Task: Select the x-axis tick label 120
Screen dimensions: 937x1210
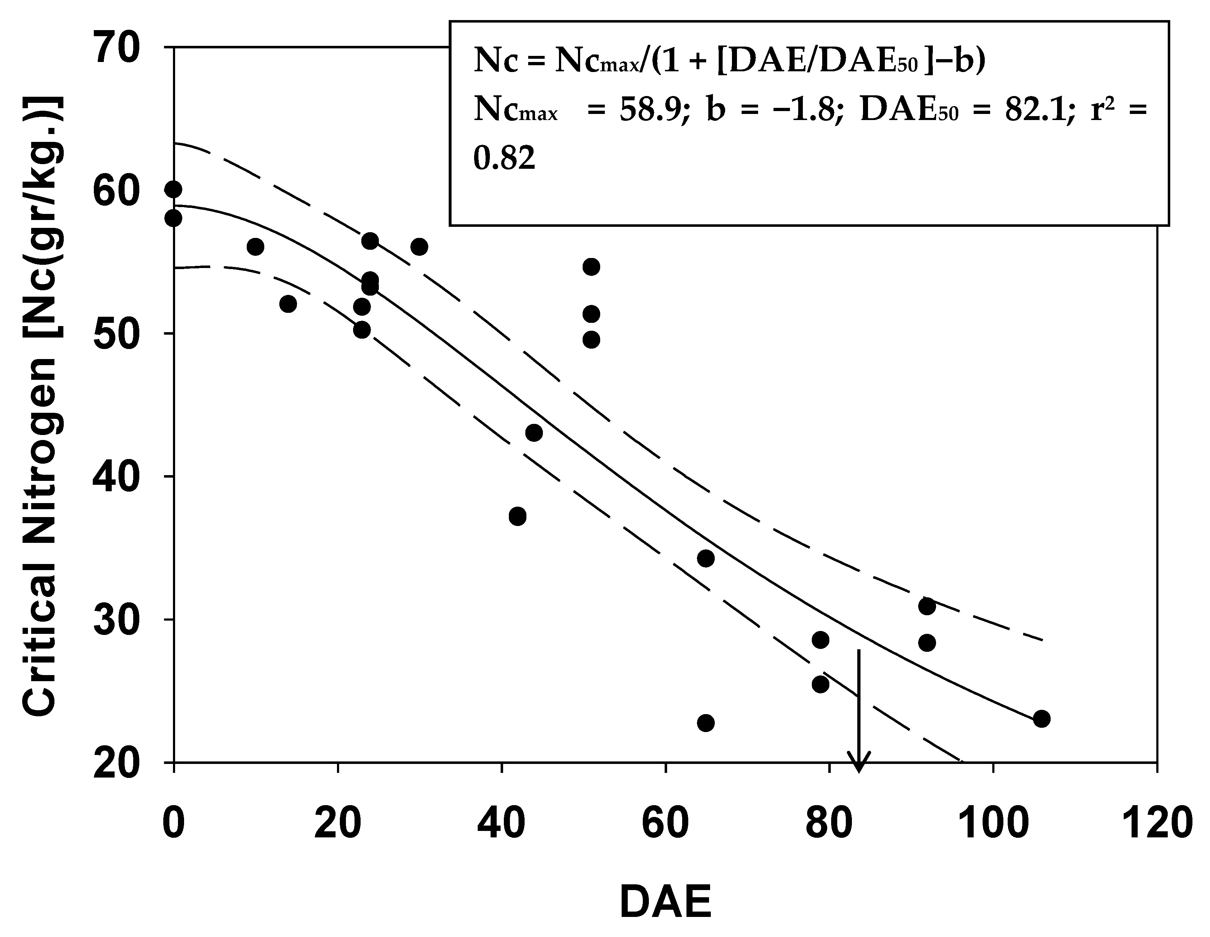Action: point(1156,823)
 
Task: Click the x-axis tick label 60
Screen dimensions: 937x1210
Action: point(665,823)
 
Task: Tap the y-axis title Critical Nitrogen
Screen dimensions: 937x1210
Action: point(42,407)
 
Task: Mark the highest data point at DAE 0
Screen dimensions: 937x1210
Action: point(173,190)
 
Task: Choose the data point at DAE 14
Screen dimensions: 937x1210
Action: point(288,304)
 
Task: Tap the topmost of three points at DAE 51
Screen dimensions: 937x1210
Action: point(592,267)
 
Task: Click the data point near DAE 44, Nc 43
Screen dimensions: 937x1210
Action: point(534,433)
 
